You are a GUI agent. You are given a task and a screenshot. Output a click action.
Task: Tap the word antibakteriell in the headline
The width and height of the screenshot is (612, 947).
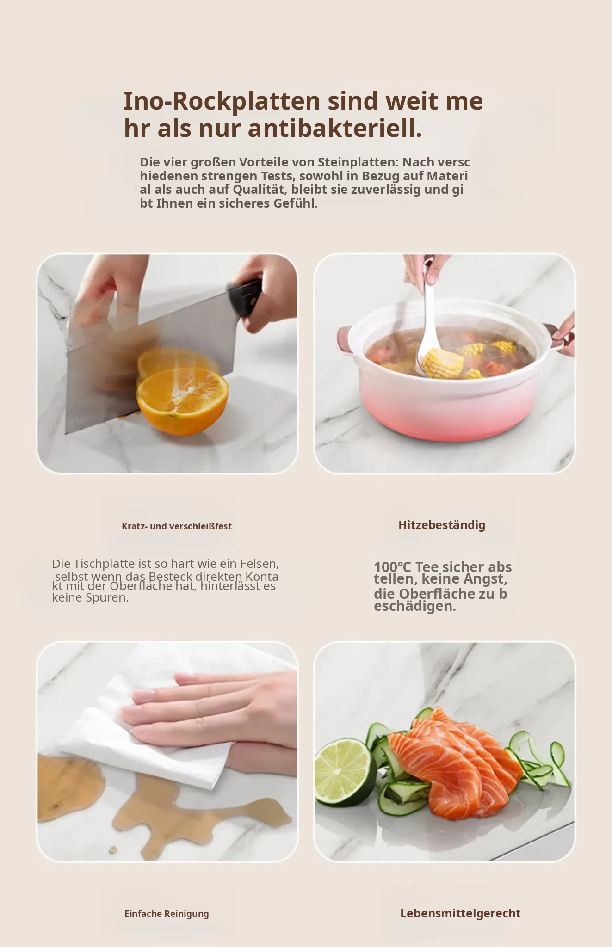click(x=335, y=129)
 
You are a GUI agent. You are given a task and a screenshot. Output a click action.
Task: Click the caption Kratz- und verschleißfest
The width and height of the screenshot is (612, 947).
click(x=177, y=526)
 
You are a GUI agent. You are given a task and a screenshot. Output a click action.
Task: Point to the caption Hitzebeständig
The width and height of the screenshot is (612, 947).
click(x=442, y=525)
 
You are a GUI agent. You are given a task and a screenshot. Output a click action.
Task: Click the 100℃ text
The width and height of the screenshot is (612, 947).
click(x=392, y=567)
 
